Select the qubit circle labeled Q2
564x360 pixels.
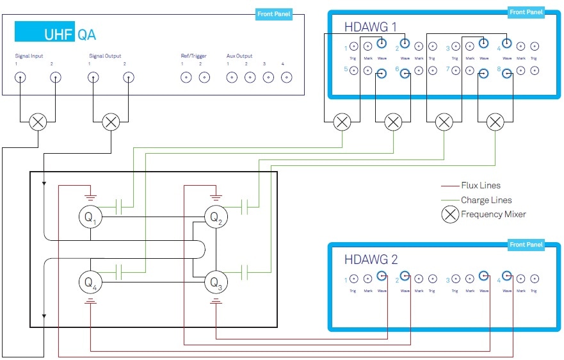point(216,218)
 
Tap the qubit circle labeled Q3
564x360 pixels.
point(216,282)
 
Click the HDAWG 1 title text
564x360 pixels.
point(371,27)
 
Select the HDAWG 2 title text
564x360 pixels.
point(371,259)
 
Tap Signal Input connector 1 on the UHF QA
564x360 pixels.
point(20,78)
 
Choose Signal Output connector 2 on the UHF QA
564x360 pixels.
point(128,78)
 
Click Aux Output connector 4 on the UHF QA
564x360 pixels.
point(286,78)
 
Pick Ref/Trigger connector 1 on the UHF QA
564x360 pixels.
point(186,78)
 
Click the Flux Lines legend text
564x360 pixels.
point(481,186)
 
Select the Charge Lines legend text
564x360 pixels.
point(487,200)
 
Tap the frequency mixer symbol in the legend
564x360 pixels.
point(450,215)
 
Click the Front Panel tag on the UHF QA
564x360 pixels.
point(273,14)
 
